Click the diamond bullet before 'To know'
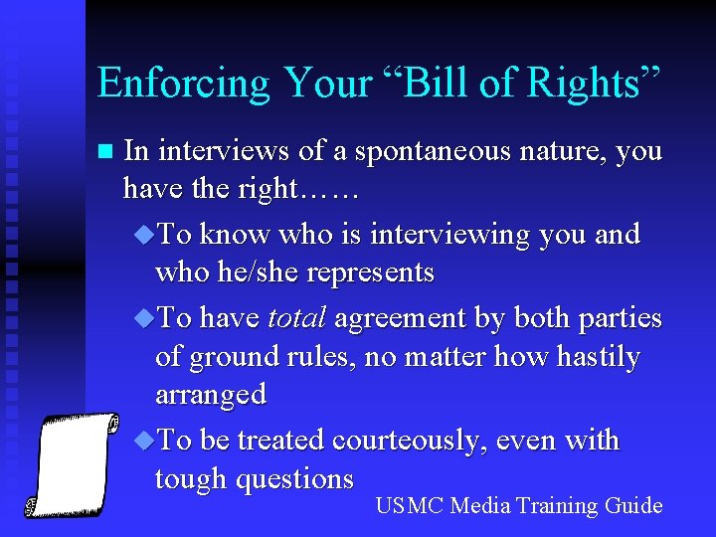(x=143, y=235)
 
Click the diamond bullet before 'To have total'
(x=143, y=318)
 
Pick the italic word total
(x=296, y=318)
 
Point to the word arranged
(x=211, y=395)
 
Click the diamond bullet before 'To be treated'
(x=143, y=441)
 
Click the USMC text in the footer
(x=409, y=506)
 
